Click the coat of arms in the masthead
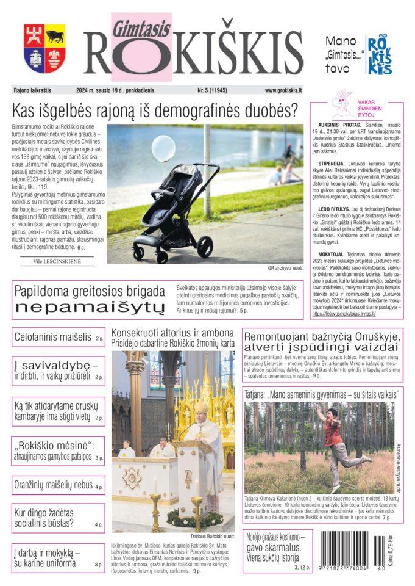pyautogui.click(x=44, y=48)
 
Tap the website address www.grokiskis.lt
pyautogui.click(x=283, y=90)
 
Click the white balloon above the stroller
pyautogui.click(x=163, y=149)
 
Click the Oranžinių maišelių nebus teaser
pyautogui.click(x=54, y=485)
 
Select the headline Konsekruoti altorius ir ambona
pyautogui.click(x=172, y=333)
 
